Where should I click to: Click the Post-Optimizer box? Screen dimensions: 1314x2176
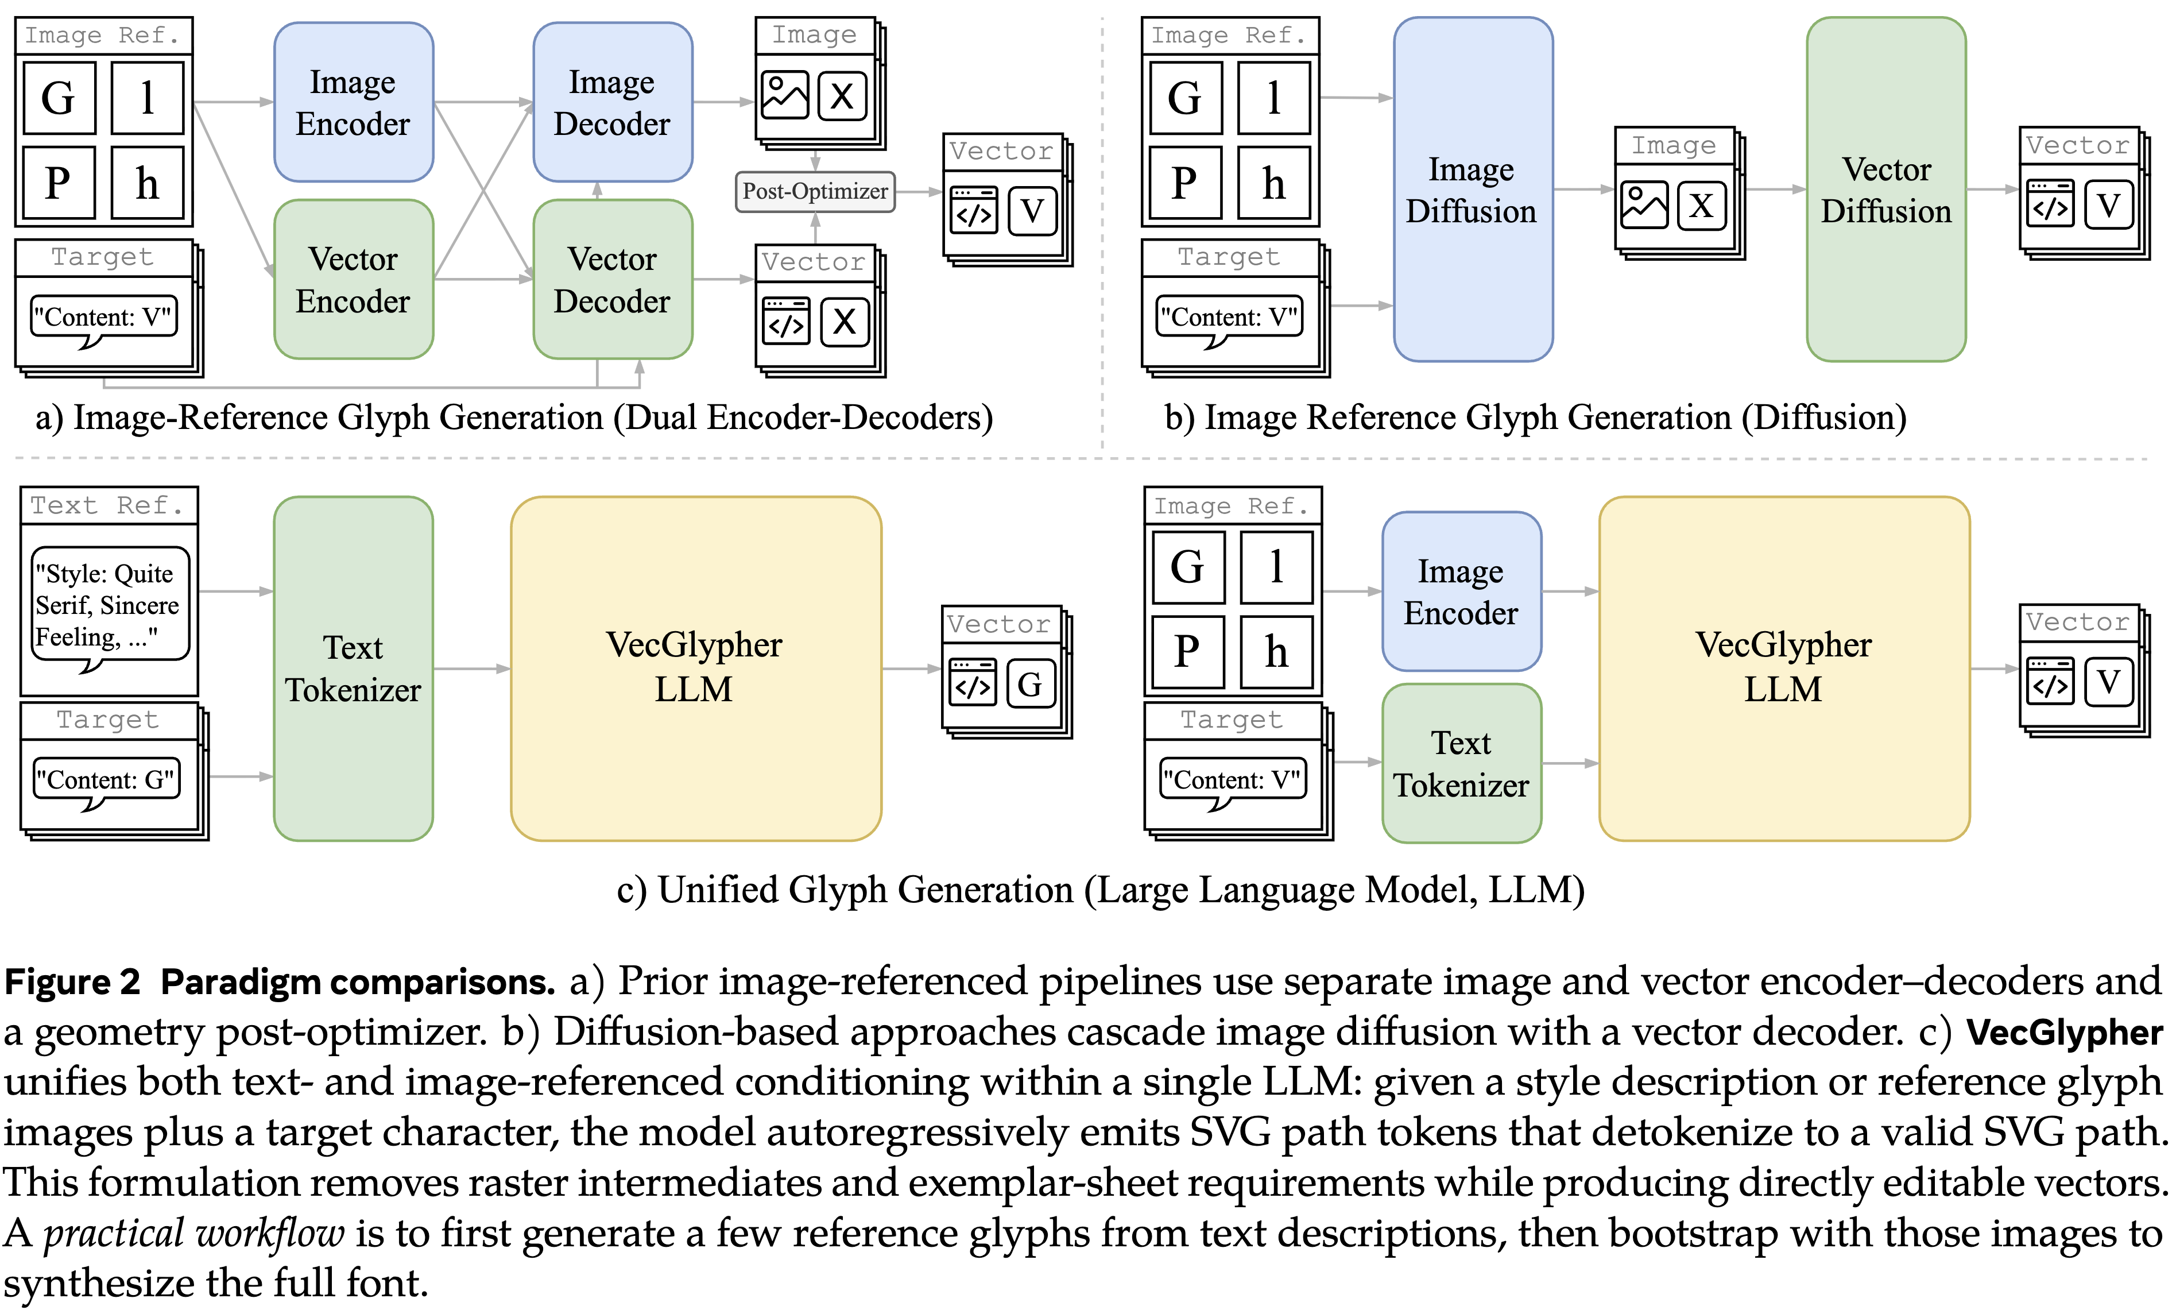pos(814,192)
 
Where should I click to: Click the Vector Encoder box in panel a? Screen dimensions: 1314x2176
pos(353,279)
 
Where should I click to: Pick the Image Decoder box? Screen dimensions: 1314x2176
pos(612,102)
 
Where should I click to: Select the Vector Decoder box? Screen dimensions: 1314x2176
pos(612,279)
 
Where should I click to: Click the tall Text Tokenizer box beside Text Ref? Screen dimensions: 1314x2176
pos(353,668)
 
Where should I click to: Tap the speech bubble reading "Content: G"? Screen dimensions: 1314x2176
pos(106,780)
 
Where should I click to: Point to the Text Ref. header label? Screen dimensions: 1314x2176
pos(108,506)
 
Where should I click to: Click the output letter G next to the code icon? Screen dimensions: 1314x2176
pos(1029,685)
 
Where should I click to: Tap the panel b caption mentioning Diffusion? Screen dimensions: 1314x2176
pos(1535,418)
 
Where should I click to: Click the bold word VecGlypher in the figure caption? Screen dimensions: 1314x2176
pos(2064,1032)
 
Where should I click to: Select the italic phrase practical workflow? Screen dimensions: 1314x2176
pos(194,1234)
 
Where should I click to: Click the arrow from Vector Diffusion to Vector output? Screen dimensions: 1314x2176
pos(1992,189)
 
